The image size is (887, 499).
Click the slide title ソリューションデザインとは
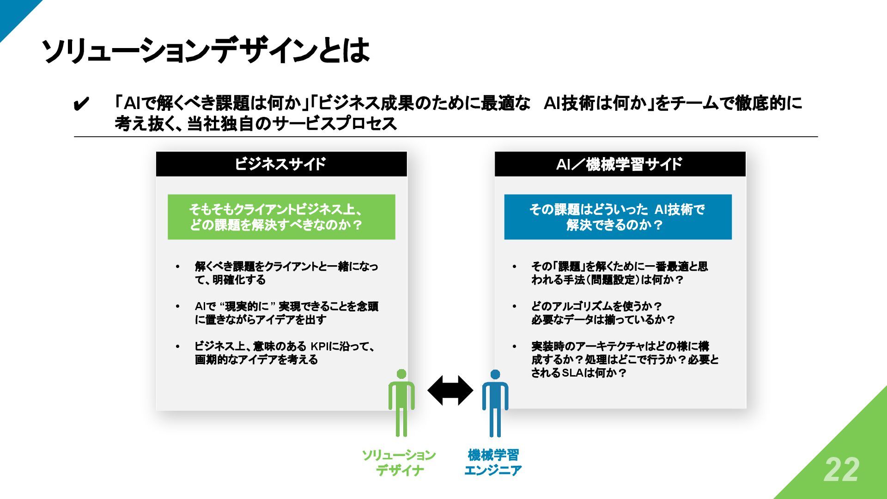tap(206, 50)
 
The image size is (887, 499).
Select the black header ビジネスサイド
tap(281, 164)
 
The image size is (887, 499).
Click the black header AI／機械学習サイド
tap(620, 164)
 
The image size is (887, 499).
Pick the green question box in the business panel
tap(281, 217)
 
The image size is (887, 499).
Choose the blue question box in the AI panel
tap(618, 217)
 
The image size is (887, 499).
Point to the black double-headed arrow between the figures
tap(450, 390)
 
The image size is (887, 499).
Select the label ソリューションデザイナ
tap(399, 462)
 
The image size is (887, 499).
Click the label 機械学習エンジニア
tap(493, 462)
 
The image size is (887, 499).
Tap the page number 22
tap(841, 470)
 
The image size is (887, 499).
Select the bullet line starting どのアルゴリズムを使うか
tap(596, 306)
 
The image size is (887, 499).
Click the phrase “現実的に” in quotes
tap(248, 306)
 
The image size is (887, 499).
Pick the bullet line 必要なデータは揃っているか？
tap(603, 320)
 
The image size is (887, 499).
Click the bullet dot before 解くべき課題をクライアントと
tap(177, 267)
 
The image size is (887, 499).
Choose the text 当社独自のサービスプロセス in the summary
tap(292, 124)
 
